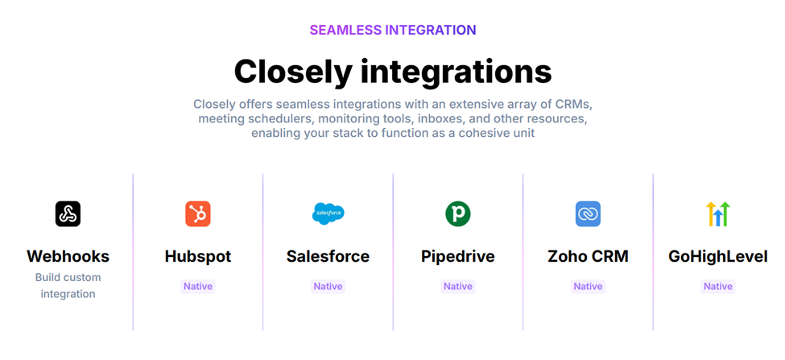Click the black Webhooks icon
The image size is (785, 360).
68,213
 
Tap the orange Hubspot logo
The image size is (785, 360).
198,213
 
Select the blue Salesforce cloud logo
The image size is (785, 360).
328,213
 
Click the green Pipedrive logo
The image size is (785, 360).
458,213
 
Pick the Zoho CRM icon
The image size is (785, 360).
588,213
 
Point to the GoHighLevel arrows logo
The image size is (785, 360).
718,213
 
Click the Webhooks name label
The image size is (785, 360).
68,256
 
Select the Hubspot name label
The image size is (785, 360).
198,256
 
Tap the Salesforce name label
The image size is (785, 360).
328,256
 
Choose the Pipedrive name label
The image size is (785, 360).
458,256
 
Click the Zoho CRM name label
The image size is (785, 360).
589,256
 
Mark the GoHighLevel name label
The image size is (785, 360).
718,256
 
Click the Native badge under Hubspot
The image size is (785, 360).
198,287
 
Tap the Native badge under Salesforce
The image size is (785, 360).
328,287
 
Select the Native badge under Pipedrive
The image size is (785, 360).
458,287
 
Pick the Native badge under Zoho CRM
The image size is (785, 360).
588,287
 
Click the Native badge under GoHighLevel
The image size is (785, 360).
718,287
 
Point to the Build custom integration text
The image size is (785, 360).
68,285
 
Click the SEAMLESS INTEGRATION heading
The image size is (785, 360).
393,30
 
